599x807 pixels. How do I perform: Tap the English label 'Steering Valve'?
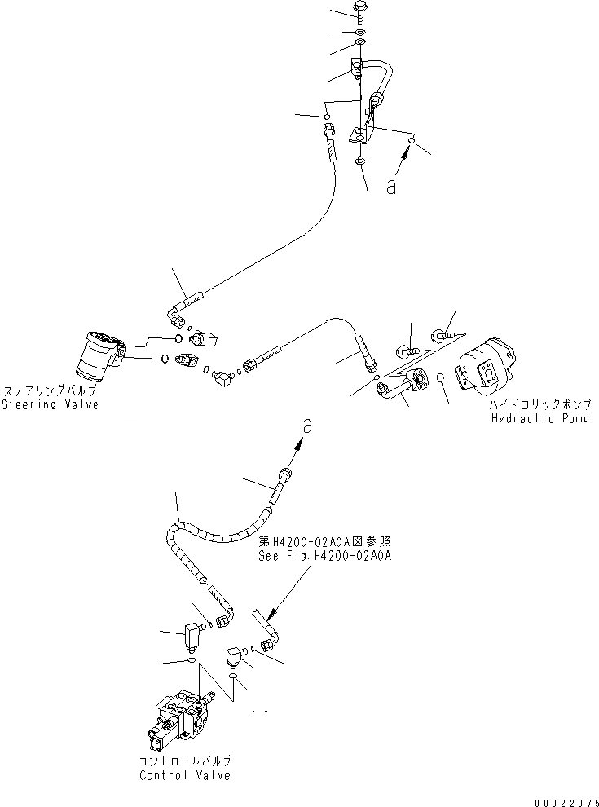(49, 405)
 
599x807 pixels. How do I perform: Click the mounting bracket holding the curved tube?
(363, 122)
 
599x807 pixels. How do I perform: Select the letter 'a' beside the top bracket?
(391, 187)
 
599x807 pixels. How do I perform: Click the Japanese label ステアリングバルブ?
(49, 391)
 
